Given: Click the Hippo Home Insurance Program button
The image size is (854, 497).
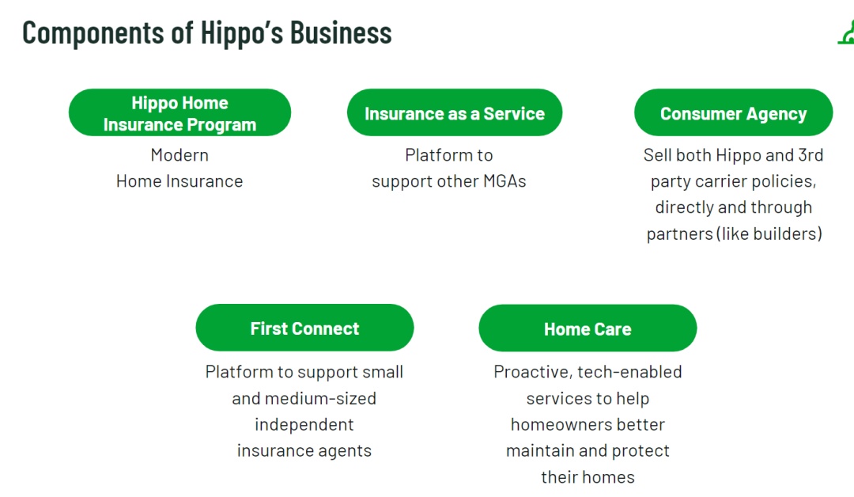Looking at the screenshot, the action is click(179, 112).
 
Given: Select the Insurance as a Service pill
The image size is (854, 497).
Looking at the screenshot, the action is click(455, 112).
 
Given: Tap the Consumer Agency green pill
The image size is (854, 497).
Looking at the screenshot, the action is click(733, 112).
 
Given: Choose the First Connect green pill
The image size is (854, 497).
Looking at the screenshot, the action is click(304, 328).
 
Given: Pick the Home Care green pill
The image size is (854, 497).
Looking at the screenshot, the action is click(588, 328).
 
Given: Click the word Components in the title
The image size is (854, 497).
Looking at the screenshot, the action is click(93, 33).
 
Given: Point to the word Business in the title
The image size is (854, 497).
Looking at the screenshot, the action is click(341, 32).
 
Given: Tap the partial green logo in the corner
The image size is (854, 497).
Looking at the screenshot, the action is click(846, 32).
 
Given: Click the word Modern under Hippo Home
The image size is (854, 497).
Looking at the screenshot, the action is click(179, 155).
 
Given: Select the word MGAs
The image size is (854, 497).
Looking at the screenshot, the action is click(504, 181).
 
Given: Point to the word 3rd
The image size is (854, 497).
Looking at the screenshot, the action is click(811, 155).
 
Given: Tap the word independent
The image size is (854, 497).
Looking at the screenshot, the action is click(304, 424).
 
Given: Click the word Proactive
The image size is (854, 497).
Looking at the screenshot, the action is click(533, 372).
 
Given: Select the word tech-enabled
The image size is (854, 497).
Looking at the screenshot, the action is click(630, 372).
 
